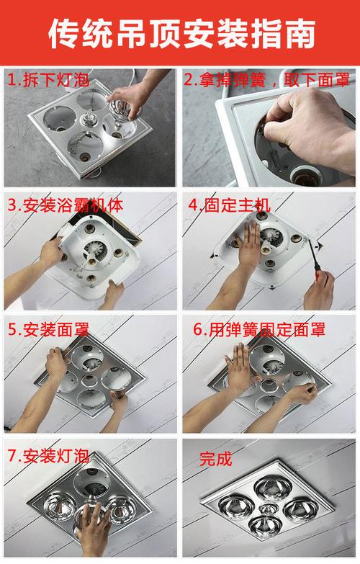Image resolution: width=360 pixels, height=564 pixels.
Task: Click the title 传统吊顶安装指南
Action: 181,33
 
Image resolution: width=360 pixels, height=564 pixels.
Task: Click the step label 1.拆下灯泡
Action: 48,79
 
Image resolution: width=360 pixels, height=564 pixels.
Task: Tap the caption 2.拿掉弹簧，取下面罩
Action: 267,79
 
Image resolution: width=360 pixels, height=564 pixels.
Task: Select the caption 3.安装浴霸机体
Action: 66,205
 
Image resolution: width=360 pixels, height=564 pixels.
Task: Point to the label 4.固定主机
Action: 230,205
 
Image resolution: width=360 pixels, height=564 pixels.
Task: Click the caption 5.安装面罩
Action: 48,329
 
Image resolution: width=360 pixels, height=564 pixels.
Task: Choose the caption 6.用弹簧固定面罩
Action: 259,329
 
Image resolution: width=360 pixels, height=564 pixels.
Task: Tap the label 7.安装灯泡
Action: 48,457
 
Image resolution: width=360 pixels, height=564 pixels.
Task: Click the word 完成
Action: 216,459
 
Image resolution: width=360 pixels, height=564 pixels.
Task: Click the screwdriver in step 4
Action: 317,262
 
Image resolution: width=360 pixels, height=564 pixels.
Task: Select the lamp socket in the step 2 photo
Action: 304,176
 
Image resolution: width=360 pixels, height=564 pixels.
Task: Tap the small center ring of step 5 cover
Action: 89,380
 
